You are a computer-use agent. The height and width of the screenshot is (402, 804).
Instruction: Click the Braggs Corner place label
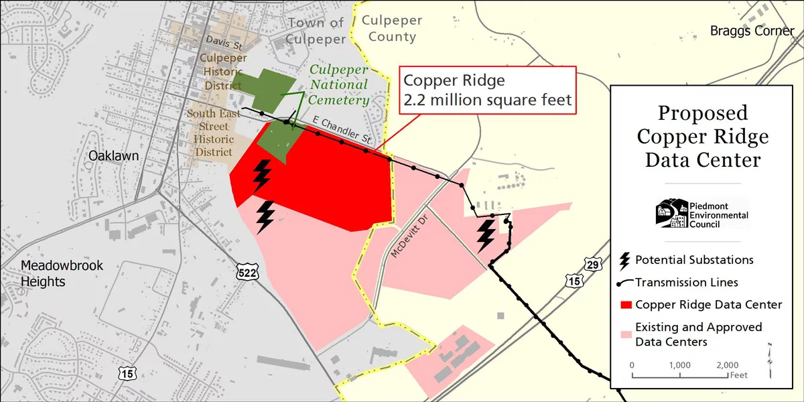(x=752, y=31)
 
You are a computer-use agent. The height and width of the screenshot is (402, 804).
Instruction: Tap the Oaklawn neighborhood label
(x=114, y=156)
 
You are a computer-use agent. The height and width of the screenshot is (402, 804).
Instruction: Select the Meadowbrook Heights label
(x=62, y=273)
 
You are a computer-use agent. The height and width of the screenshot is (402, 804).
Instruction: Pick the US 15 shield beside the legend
(x=574, y=281)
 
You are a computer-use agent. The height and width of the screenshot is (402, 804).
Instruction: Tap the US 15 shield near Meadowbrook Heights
(x=127, y=373)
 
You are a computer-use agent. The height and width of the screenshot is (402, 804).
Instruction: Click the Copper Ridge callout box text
(x=486, y=90)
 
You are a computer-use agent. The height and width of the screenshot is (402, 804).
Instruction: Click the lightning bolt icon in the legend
(x=626, y=260)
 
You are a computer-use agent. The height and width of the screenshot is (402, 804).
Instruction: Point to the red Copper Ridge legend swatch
(x=626, y=305)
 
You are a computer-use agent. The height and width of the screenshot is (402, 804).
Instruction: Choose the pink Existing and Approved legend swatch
(x=626, y=334)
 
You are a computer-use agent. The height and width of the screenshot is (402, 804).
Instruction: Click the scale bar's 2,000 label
(x=728, y=364)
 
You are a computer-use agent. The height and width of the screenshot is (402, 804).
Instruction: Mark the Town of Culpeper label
(x=316, y=31)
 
